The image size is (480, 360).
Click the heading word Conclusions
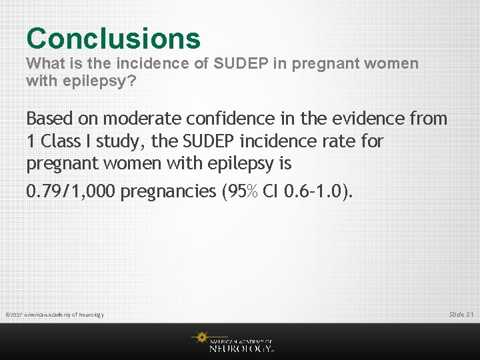point(113,38)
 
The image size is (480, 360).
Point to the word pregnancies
point(171,192)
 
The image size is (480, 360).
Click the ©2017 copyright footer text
point(54,315)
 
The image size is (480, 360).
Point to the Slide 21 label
point(461,314)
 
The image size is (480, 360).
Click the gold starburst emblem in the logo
point(201,338)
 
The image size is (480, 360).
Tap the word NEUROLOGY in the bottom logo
point(240,347)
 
